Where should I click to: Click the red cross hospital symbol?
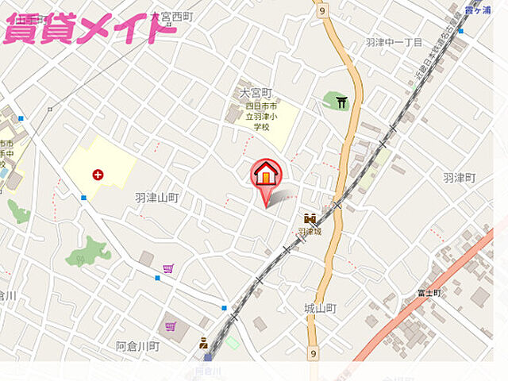pos(98,174)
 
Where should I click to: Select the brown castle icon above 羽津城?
pos(309,218)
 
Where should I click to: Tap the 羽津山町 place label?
pos(156,197)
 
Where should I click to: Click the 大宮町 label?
pos(256,93)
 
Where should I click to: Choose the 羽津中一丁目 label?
pos(394,42)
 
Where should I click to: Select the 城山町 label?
pos(320,307)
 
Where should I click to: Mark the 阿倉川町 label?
pos(137,346)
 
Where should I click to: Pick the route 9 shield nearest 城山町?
pos(314,353)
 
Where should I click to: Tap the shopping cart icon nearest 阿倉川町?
pos(170,326)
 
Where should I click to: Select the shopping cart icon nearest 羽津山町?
pos(167,269)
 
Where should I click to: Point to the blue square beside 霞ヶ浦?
pos(460,31)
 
